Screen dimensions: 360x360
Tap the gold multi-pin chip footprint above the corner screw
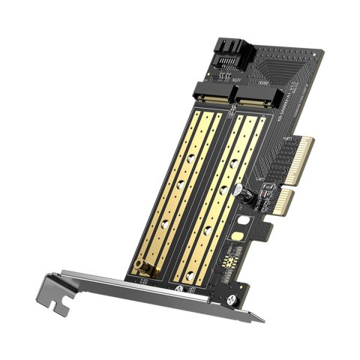[226, 259]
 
